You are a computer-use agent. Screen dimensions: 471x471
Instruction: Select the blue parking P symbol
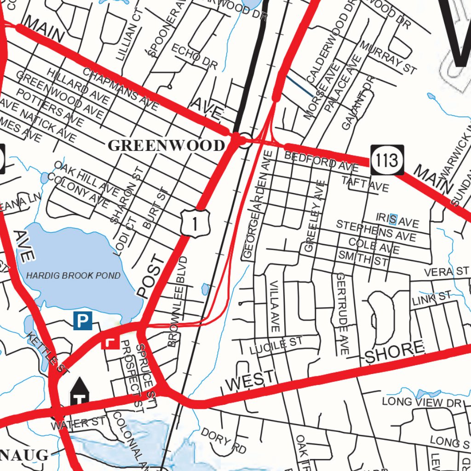[83, 321]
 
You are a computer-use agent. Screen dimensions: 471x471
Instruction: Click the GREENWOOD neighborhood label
[166, 146]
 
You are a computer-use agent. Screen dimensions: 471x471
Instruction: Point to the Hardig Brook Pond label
[73, 276]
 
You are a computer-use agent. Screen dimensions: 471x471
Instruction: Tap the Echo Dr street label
[194, 57]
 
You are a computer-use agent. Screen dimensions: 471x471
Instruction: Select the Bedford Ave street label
[321, 161]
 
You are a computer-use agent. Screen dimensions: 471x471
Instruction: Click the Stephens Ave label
[376, 231]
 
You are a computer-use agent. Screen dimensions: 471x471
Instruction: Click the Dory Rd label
[224, 441]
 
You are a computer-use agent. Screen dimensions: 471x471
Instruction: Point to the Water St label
[78, 423]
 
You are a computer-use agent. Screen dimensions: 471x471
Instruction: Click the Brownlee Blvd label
[178, 301]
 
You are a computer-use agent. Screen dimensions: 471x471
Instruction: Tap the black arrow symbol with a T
[80, 391]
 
